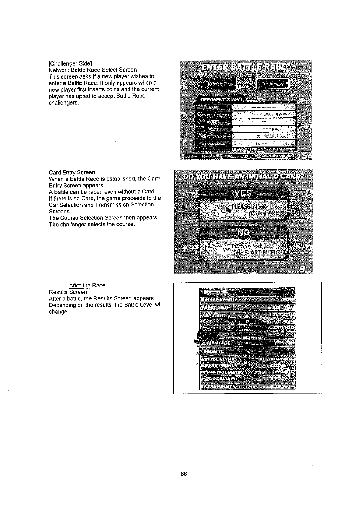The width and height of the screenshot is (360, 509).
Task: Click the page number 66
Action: (x=184, y=474)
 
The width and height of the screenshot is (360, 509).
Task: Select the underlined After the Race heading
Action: (x=87, y=286)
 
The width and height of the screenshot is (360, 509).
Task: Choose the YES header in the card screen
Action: (x=244, y=193)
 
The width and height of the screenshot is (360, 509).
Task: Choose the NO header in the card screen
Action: (x=244, y=232)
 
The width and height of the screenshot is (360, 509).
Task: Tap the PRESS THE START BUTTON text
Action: (x=258, y=249)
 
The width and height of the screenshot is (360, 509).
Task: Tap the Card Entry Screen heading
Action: (x=72, y=173)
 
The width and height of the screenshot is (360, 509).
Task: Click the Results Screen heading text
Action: (x=68, y=292)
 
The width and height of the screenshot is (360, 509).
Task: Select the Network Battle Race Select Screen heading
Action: (x=93, y=70)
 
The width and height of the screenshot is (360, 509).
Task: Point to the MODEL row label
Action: (x=214, y=122)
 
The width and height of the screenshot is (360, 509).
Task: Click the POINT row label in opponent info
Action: (x=214, y=129)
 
